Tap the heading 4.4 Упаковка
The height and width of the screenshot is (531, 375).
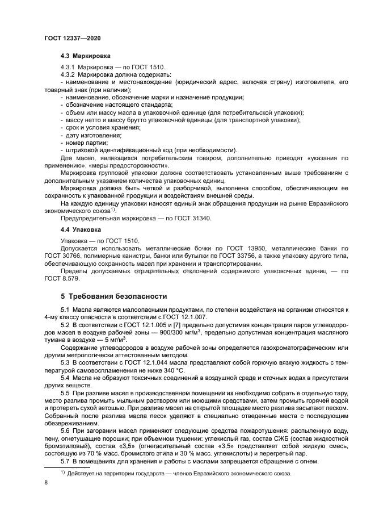click(81, 229)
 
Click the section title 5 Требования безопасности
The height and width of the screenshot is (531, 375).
click(113, 296)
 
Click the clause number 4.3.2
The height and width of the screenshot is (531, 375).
click(68, 75)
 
